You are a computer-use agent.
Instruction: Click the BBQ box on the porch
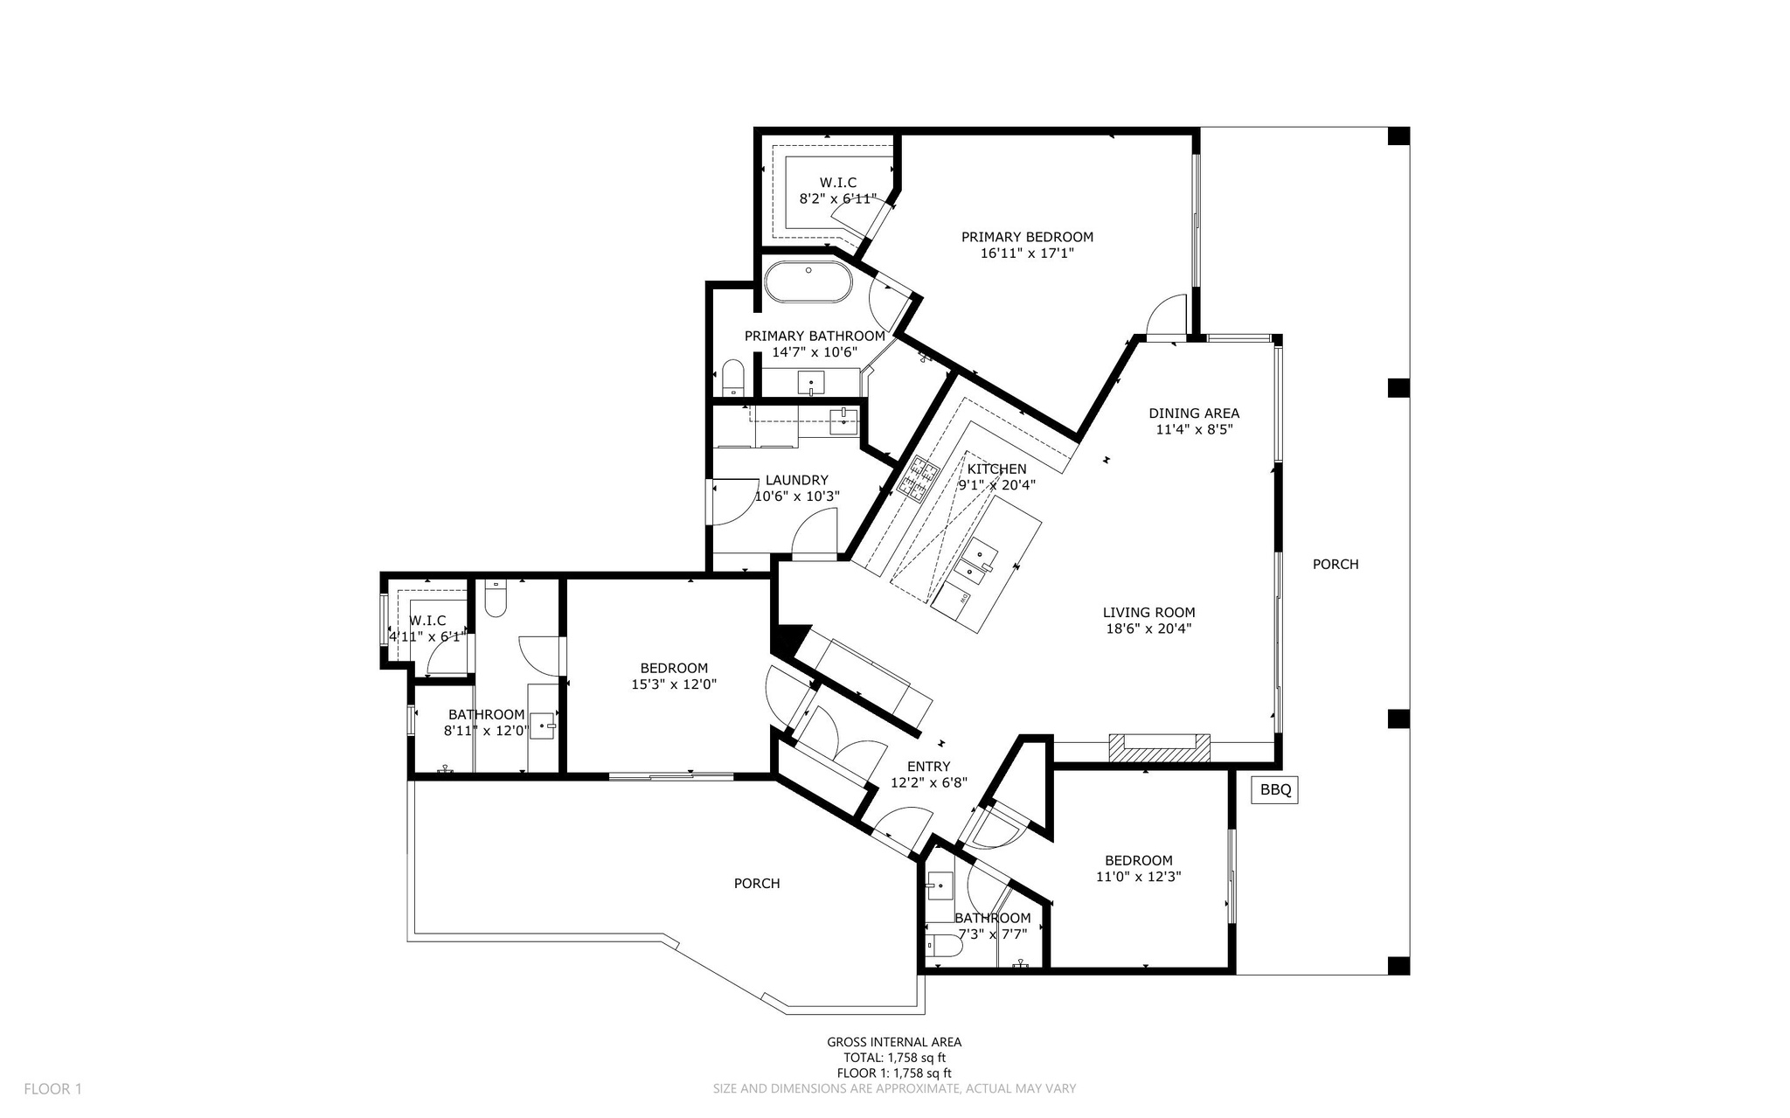1275,790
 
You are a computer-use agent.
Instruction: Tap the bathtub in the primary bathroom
808,283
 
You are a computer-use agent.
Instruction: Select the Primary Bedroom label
1027,237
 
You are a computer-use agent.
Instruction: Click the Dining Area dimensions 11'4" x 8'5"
1194,429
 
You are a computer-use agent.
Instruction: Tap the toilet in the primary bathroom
732,378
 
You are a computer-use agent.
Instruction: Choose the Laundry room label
796,480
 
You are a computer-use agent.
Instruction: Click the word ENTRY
928,767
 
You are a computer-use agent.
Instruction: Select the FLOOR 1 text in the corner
52,1089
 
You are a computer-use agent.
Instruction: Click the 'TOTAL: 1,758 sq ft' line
894,1058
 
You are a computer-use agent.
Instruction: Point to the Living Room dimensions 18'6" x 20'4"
1148,628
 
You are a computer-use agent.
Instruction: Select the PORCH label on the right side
1335,565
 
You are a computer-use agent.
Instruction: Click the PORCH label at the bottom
756,884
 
